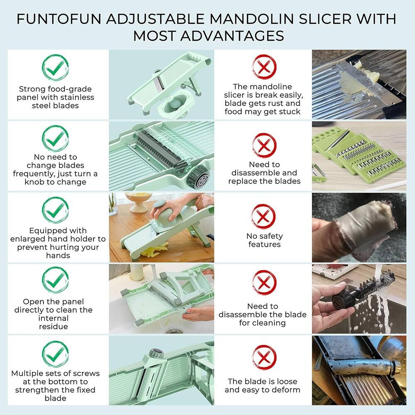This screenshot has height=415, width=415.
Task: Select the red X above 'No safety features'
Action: pos(264,216)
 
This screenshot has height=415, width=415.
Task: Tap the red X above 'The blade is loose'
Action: pos(264,358)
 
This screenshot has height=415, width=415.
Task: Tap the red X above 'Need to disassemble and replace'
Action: pos(264,145)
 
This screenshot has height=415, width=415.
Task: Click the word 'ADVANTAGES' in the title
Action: pos(208,36)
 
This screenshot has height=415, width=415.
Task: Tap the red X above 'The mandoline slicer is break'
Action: pos(264,67)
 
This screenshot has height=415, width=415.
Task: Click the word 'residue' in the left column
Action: pos(53,327)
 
